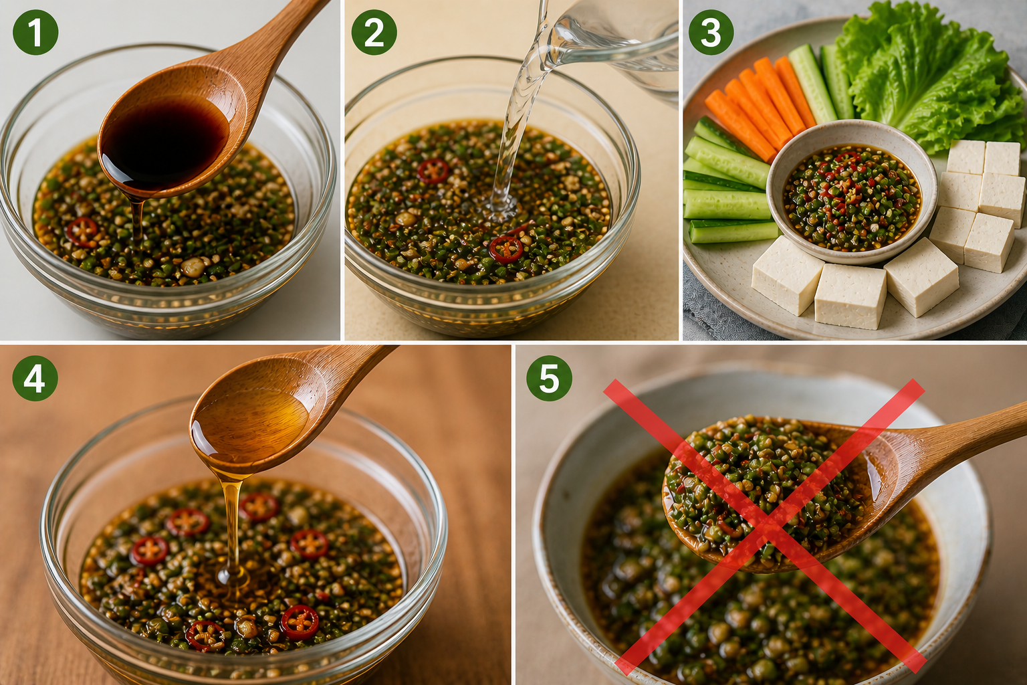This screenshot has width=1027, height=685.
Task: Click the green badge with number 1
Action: coord(35,33)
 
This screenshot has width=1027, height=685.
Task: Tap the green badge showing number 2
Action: coord(374,33)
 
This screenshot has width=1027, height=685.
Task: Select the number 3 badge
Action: coord(711,33)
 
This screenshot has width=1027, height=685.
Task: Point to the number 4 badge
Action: coord(35,378)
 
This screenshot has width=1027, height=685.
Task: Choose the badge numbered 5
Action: coord(549,378)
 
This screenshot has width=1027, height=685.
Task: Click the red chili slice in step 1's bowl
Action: coord(82,231)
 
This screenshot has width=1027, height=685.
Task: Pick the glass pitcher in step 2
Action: coord(610,46)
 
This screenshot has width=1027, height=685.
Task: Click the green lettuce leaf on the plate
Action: coord(931,74)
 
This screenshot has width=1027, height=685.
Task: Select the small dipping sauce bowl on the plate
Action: coord(852,192)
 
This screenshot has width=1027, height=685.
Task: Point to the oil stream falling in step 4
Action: coord(233,528)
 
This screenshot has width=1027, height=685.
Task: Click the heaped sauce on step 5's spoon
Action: coord(764,486)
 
